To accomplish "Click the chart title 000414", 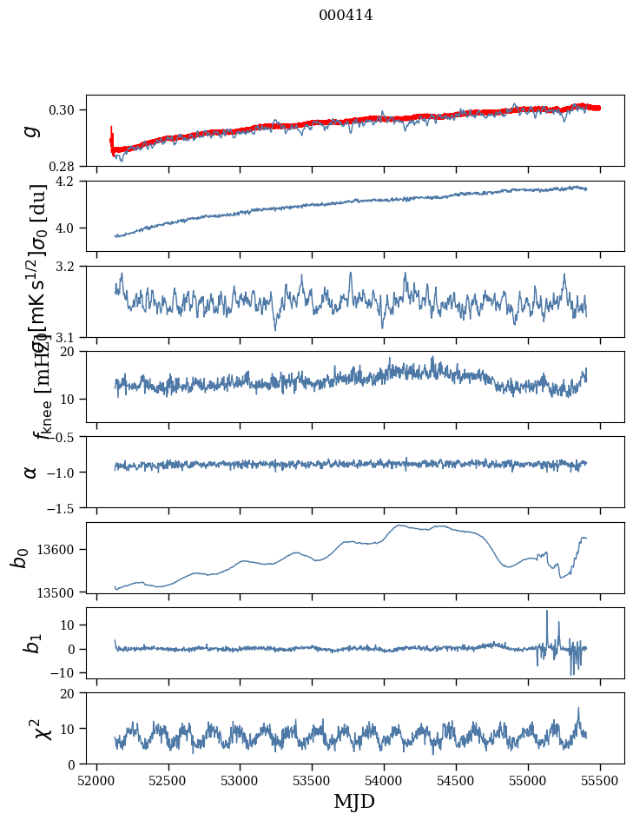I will [x=346, y=15].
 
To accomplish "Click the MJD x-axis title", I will [x=354, y=802].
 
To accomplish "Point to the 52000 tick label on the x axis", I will [x=96, y=780].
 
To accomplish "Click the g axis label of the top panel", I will [x=32, y=130].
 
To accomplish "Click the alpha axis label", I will [x=32, y=472].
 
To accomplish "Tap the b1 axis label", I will [x=32, y=644].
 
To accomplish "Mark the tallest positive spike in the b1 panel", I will [x=547, y=612].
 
